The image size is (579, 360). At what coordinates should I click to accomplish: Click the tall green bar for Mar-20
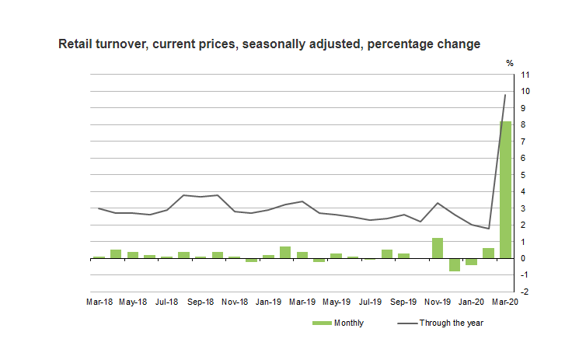click(x=505, y=190)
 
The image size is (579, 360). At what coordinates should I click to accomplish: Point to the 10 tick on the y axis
click(x=526, y=92)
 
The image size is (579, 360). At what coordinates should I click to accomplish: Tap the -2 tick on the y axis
click(x=526, y=292)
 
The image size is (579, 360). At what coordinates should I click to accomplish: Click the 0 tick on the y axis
click(x=525, y=258)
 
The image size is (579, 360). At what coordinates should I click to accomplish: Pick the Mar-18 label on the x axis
click(x=99, y=301)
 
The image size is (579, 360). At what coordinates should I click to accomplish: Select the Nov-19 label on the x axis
click(x=438, y=301)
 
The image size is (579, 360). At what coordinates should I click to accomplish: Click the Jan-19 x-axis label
click(x=268, y=301)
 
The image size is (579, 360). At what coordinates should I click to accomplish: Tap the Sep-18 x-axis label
click(x=201, y=301)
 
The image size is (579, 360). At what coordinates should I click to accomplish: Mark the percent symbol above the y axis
click(x=510, y=63)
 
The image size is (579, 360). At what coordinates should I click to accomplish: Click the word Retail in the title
click(x=76, y=44)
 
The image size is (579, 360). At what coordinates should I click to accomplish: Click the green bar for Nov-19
click(x=438, y=248)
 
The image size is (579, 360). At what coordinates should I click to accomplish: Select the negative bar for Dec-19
click(x=455, y=265)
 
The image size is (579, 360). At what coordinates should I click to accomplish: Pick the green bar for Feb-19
click(x=285, y=252)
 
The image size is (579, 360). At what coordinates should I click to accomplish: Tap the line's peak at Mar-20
click(x=505, y=95)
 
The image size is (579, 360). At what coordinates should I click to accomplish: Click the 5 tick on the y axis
click(x=525, y=175)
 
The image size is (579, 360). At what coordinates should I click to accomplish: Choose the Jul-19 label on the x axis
click(x=370, y=301)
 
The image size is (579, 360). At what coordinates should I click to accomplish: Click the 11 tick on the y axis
click(x=526, y=75)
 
